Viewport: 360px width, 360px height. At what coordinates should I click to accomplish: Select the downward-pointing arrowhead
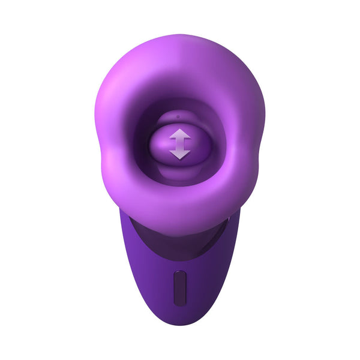[179, 154]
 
